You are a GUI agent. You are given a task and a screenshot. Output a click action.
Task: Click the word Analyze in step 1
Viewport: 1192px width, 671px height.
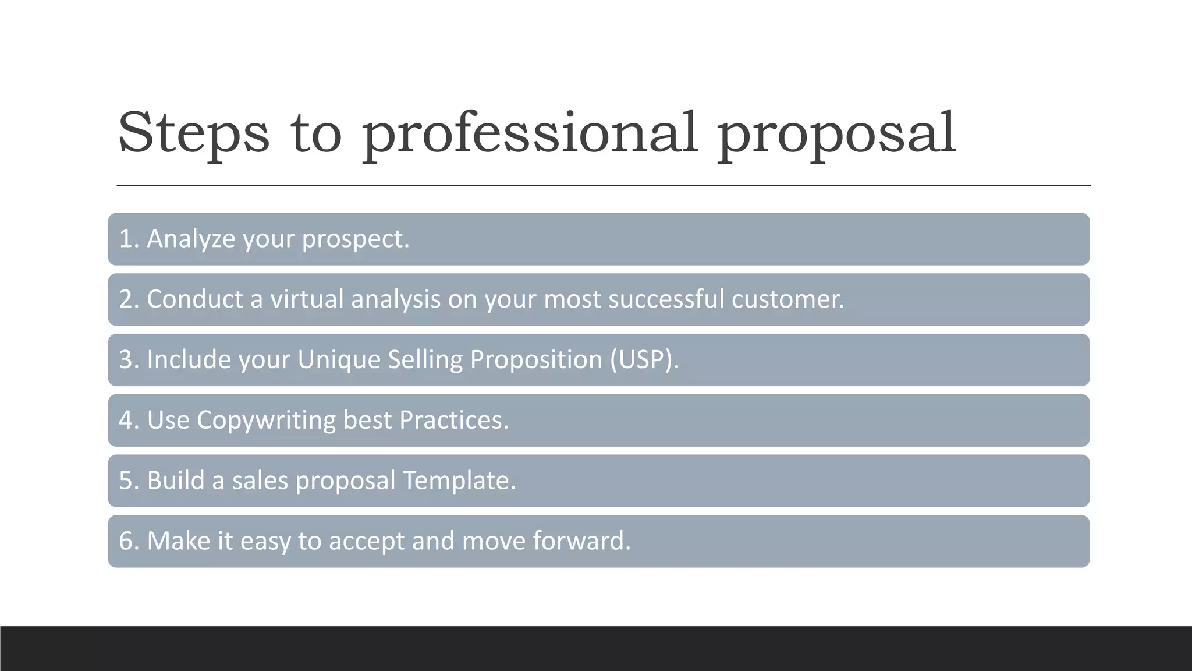191,239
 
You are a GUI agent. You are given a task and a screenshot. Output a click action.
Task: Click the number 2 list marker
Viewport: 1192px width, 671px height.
126,299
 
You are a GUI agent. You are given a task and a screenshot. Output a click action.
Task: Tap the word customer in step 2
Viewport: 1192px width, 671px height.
787,299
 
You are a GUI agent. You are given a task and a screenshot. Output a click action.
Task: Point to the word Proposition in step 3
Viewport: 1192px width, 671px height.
535,359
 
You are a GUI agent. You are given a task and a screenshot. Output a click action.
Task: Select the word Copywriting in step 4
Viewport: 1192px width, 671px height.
266,420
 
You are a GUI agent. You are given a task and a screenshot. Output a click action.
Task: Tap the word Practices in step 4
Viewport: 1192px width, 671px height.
453,420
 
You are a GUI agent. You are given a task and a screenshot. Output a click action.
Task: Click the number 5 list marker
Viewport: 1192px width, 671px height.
126,481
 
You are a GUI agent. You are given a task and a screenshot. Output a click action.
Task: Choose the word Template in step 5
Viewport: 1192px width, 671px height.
459,481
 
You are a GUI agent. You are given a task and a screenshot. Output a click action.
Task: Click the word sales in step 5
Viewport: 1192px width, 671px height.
260,481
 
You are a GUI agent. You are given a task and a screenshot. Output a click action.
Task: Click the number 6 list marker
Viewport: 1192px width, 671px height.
126,541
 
